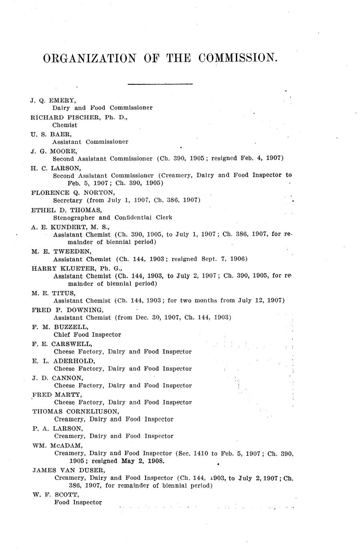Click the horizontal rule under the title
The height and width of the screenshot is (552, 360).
(x=160, y=84)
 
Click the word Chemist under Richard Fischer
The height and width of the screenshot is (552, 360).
(x=65, y=125)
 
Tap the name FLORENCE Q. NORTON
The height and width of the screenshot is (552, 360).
(x=67, y=192)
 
